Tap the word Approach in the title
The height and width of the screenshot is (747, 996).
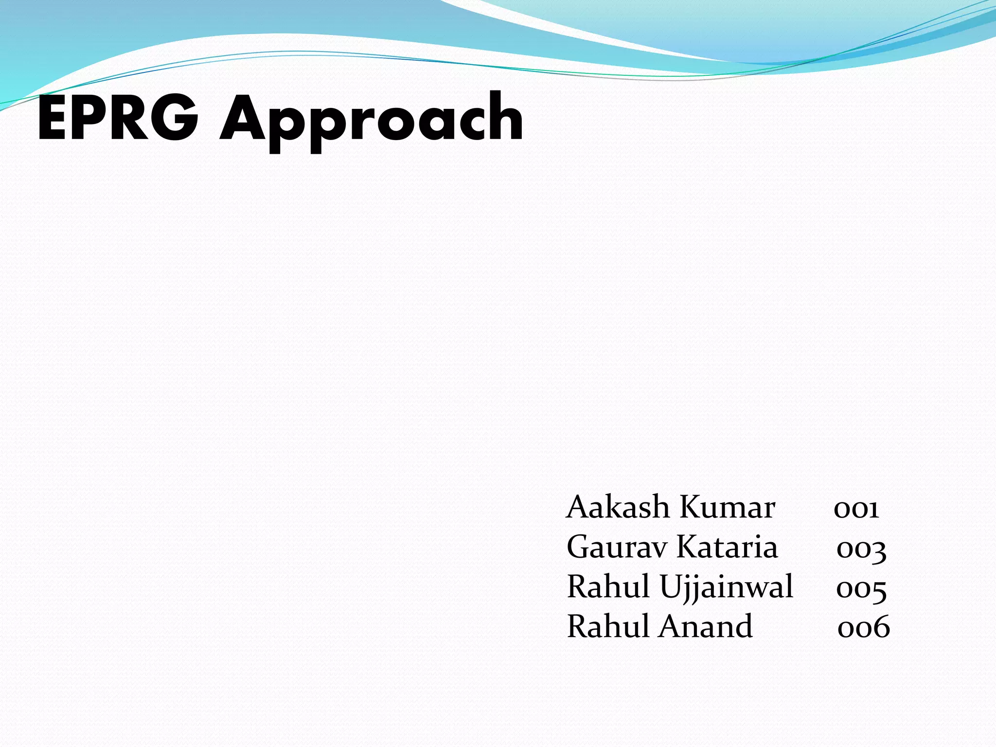372,122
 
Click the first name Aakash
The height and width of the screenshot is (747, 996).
618,507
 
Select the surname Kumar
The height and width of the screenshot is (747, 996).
727,507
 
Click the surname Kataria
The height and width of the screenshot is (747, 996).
727,547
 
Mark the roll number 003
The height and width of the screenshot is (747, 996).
861,550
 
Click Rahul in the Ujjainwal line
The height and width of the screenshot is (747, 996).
610,587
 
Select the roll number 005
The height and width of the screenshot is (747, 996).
861,590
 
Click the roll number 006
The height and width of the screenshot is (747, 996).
864,627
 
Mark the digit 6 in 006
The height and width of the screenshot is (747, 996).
880,627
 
